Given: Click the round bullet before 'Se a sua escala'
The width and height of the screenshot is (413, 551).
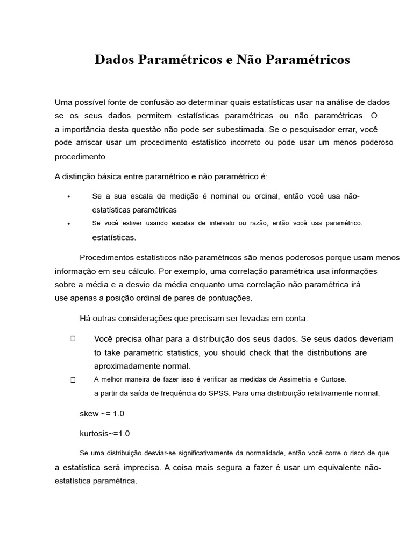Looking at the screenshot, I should click(x=69, y=197).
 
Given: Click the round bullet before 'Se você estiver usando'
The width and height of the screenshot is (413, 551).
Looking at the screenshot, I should click(x=69, y=224).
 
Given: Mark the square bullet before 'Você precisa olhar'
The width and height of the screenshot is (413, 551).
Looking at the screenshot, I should click(x=72, y=339).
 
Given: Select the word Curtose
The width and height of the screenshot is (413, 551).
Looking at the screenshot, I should click(x=334, y=379).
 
